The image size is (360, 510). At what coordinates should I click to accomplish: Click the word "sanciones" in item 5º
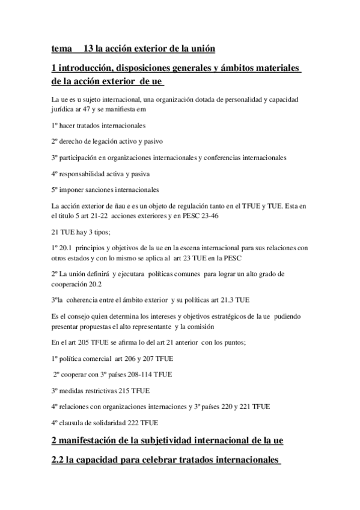[104, 190]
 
